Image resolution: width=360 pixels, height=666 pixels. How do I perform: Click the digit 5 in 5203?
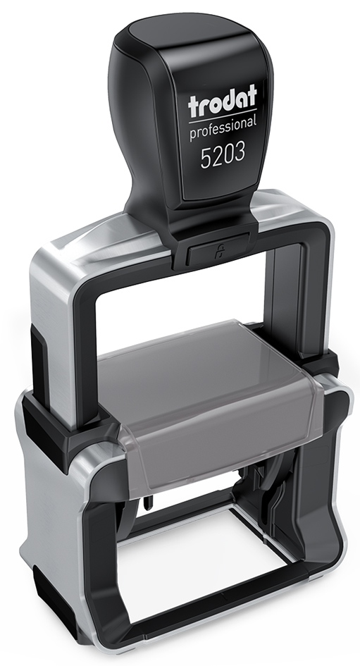[206, 158]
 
